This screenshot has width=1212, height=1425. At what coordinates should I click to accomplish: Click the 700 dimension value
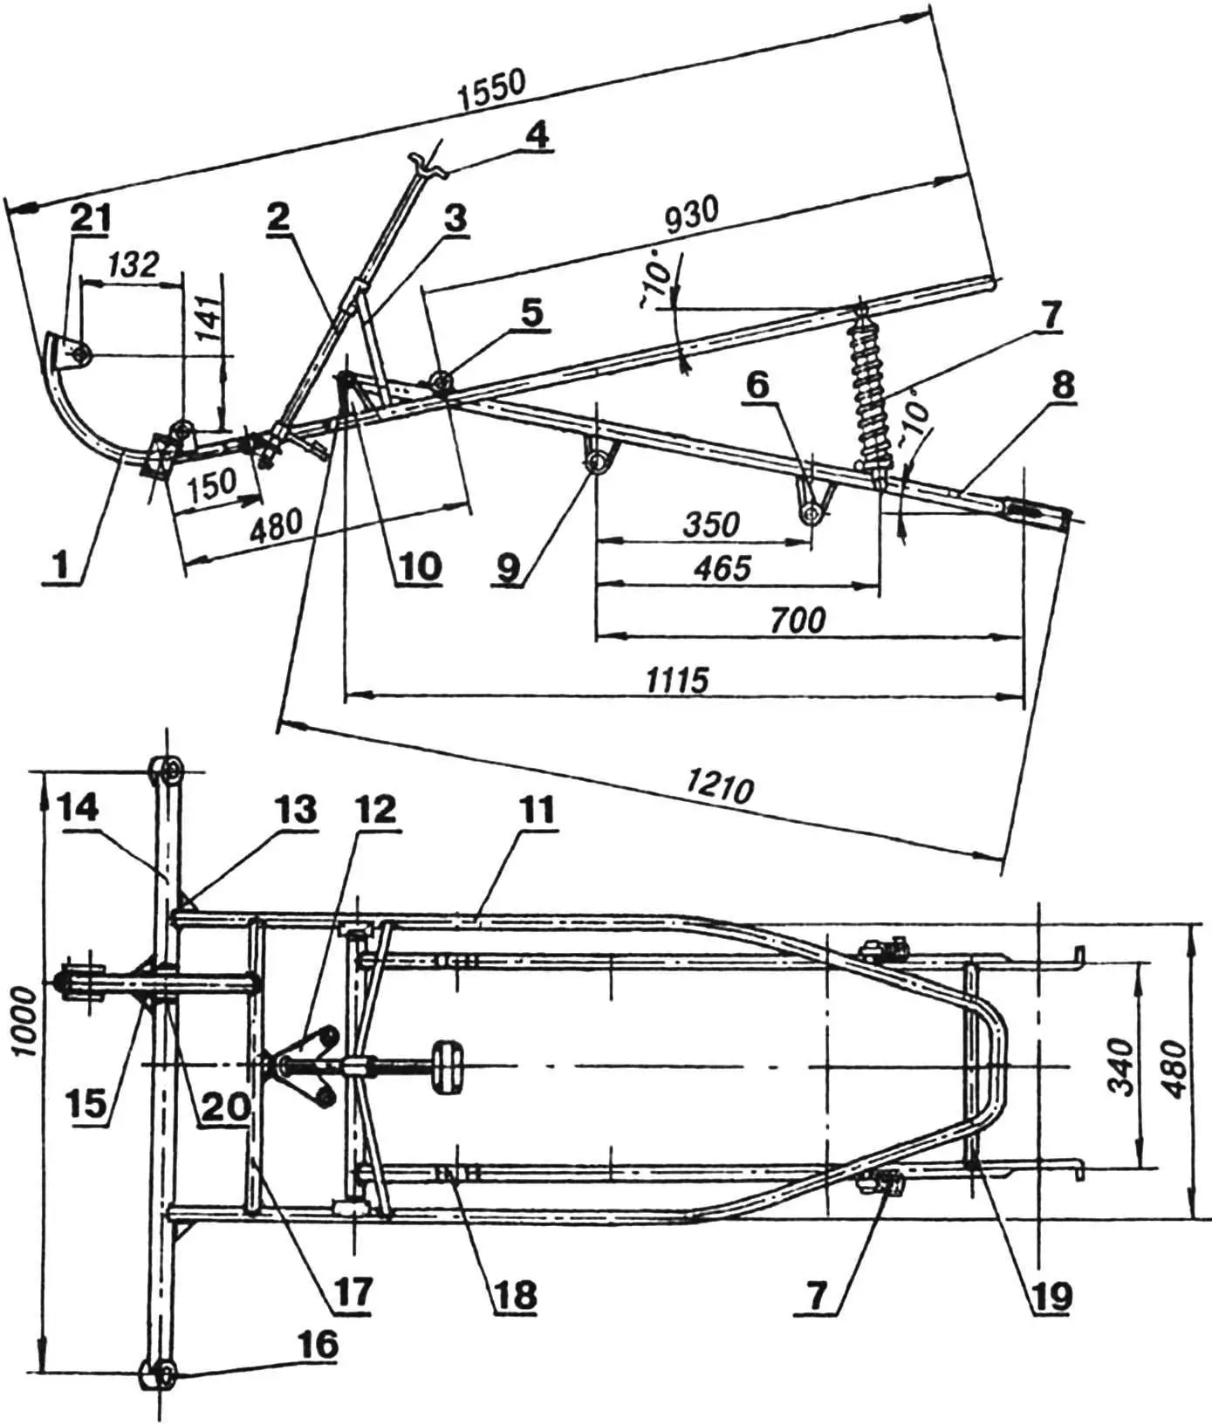798,620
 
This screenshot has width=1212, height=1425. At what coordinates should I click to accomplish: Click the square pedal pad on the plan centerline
449,1065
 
